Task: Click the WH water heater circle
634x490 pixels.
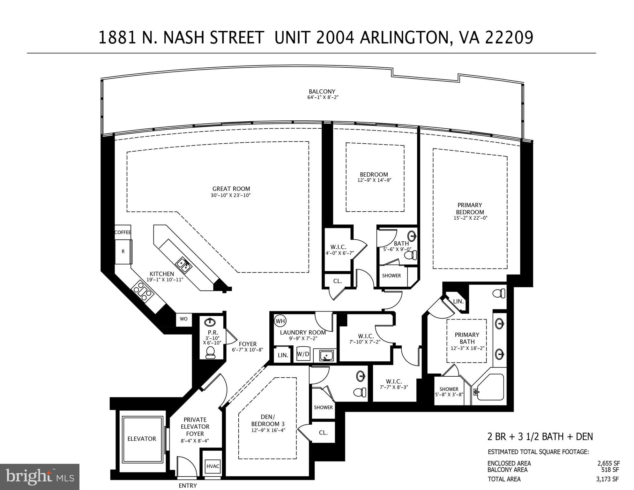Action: (x=280, y=321)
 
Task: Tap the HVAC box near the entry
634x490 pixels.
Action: (x=213, y=466)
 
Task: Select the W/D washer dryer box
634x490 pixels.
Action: (x=303, y=354)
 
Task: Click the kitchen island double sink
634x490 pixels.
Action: (x=183, y=266)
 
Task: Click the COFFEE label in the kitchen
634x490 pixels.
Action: (x=123, y=232)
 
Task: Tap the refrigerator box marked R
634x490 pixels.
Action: (x=123, y=252)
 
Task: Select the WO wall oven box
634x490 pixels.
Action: (x=183, y=319)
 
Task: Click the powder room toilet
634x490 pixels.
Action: (x=210, y=353)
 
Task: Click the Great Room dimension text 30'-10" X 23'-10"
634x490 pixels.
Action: (x=231, y=195)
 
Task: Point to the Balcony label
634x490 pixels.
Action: (x=322, y=92)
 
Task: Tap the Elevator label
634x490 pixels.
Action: (x=142, y=439)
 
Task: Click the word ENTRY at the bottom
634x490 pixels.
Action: (x=188, y=486)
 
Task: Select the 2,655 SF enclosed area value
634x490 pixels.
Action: (x=608, y=464)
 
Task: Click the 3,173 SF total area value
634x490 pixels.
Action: (x=608, y=479)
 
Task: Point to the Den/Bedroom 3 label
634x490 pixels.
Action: (x=268, y=420)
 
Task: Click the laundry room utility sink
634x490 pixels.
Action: (x=325, y=355)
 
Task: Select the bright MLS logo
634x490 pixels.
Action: (x=40, y=477)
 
